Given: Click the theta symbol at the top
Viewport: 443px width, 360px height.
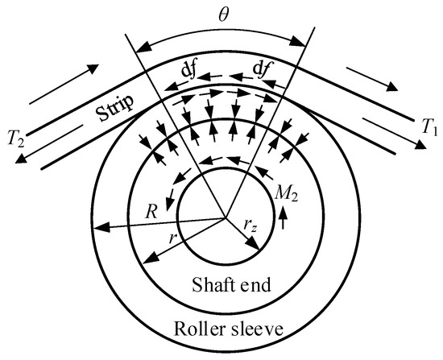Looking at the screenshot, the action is [x=223, y=16].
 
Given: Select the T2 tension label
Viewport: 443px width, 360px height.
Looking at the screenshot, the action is [x=16, y=139].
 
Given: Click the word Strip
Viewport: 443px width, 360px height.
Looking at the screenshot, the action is [x=114, y=109].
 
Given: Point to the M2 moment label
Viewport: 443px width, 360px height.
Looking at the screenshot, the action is [x=286, y=194].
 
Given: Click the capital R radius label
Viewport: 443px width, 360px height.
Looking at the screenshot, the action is [x=151, y=212].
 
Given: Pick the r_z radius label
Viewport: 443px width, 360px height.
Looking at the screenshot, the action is [x=250, y=226].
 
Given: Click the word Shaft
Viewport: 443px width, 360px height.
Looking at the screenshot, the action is [x=211, y=284].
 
